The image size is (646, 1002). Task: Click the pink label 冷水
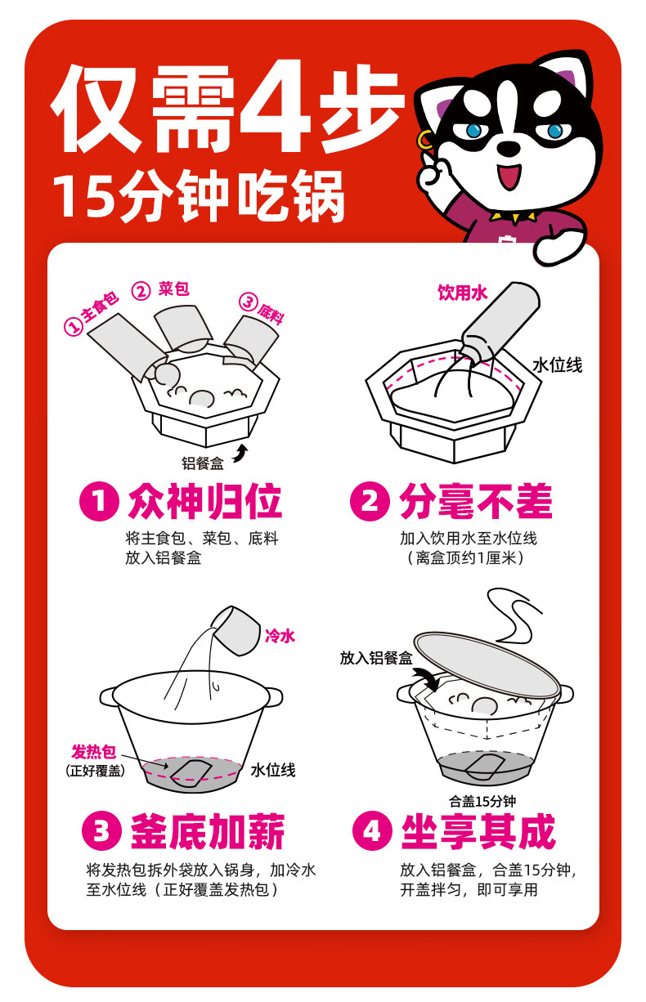[x=280, y=635]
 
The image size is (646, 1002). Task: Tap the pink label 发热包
[x=93, y=753]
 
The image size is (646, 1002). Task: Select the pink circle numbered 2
[x=370, y=501]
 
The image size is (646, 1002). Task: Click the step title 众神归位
[x=205, y=502]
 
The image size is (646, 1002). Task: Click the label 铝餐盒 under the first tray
[x=202, y=463]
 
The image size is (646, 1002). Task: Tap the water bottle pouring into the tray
[x=500, y=320]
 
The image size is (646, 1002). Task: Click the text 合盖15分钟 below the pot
[x=482, y=801]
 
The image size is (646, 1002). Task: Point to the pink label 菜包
[x=174, y=289]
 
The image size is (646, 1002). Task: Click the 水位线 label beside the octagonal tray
[x=558, y=365]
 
